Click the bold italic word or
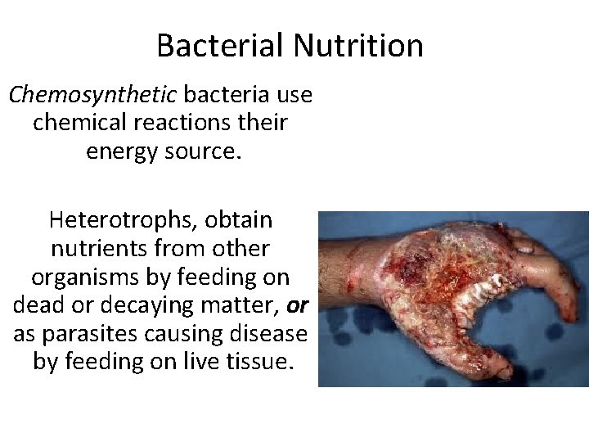298,304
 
